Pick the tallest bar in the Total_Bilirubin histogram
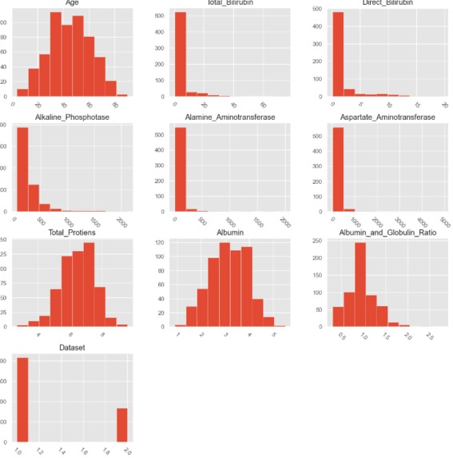(179, 55)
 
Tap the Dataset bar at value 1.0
(22, 400)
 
